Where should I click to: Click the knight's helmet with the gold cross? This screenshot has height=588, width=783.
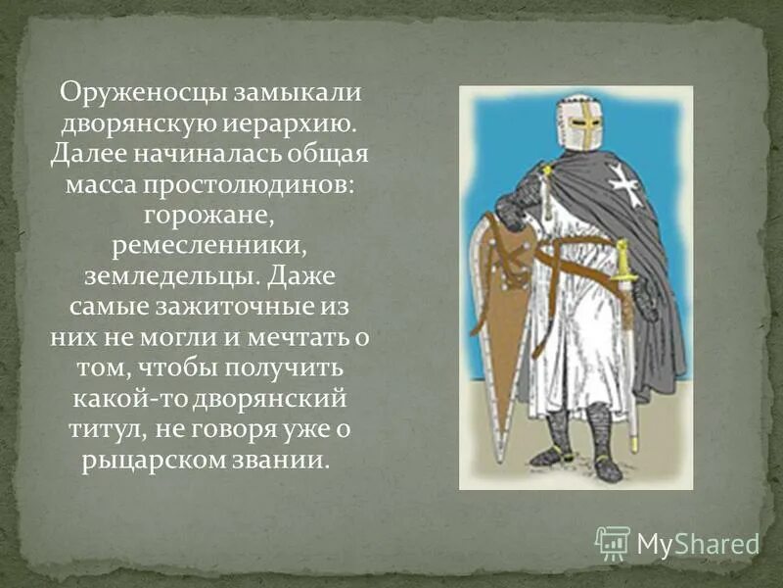pos(578,123)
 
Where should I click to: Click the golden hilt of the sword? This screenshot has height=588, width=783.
pos(622,260)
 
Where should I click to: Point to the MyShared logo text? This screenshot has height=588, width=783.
pos(698,543)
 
